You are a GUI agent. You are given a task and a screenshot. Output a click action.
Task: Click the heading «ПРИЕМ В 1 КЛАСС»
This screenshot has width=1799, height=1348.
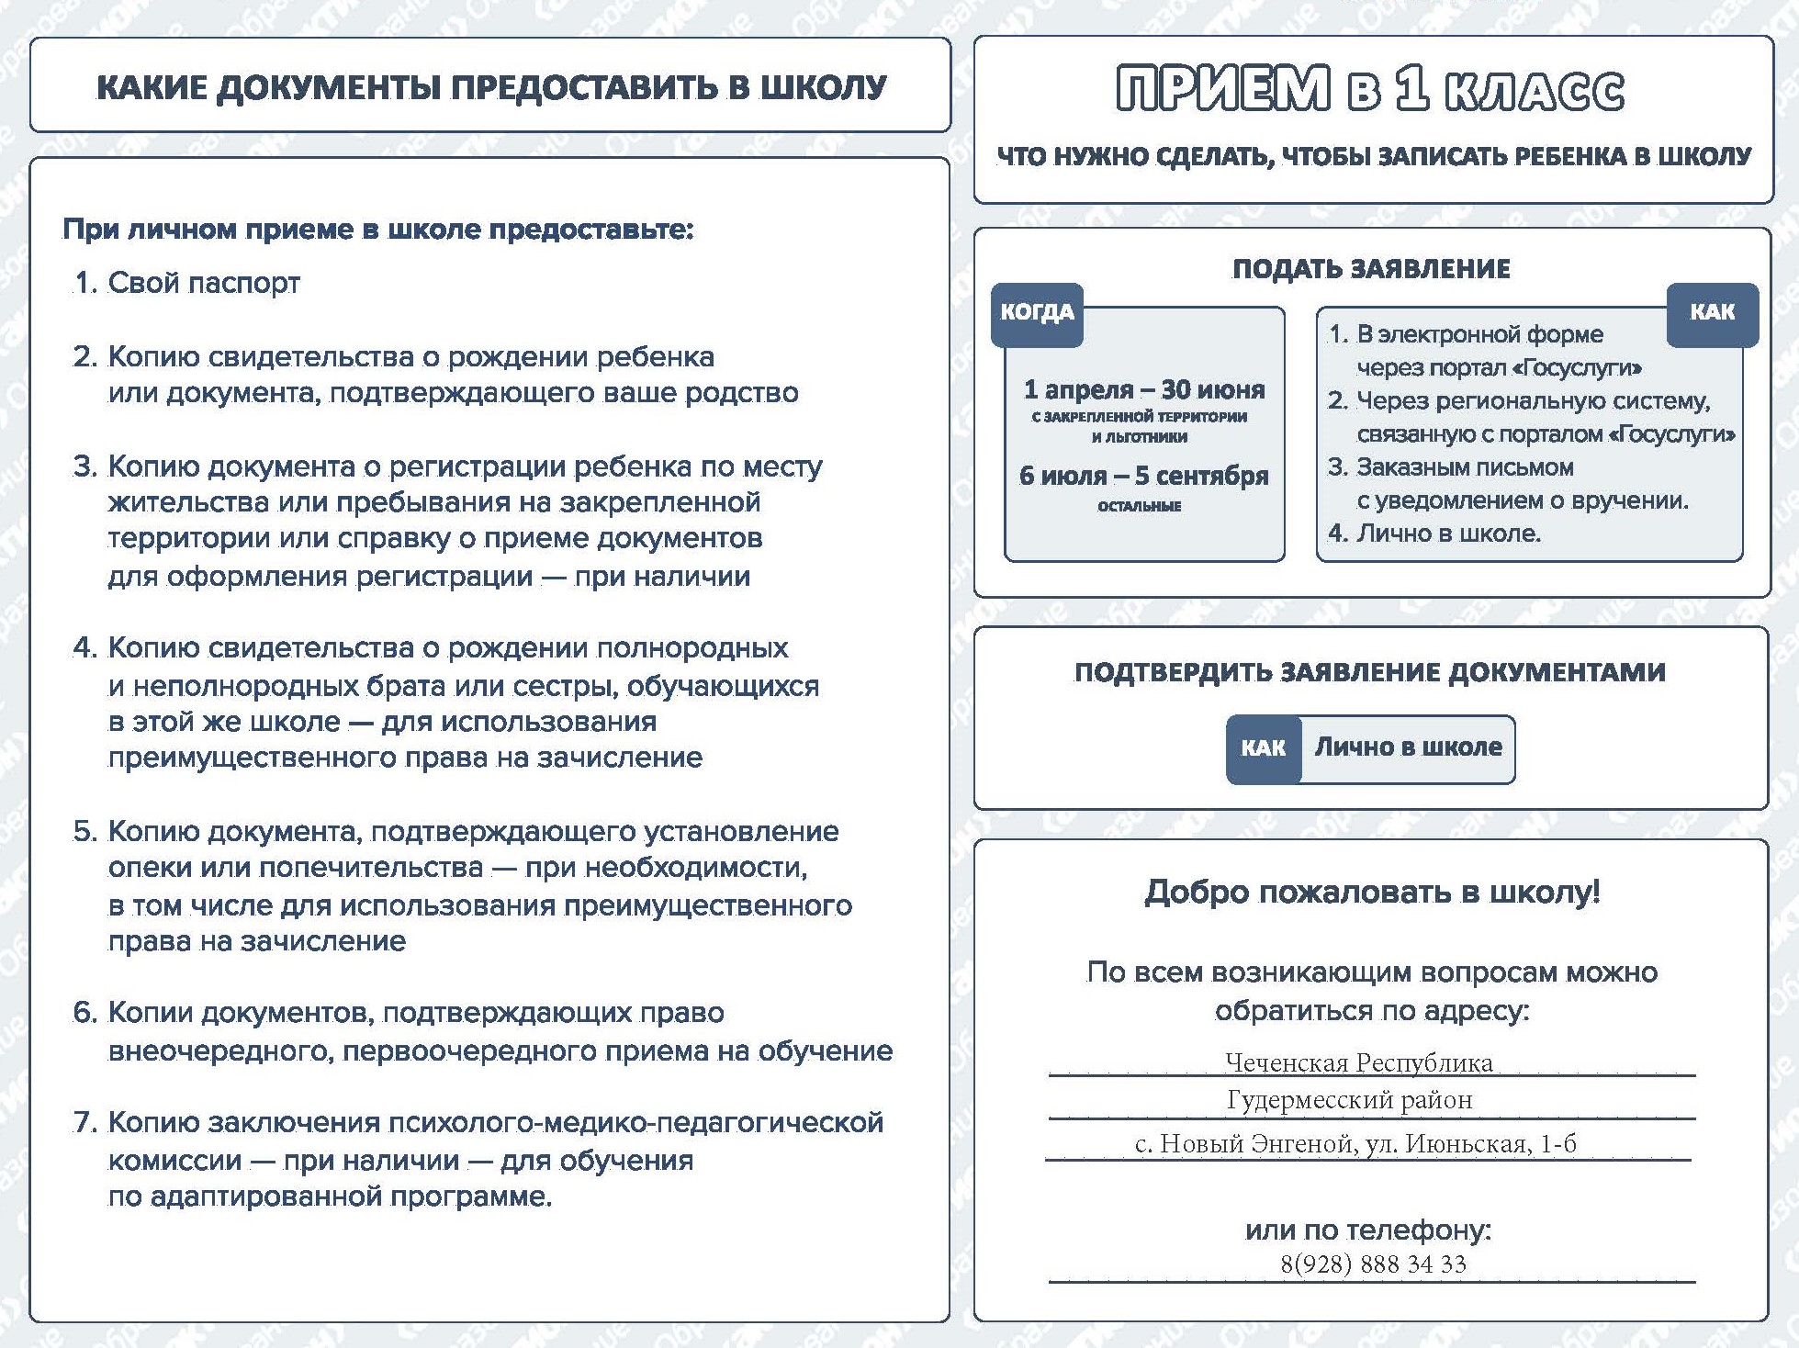point(1370,89)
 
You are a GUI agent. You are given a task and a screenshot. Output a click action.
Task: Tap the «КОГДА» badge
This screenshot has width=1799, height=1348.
point(1037,313)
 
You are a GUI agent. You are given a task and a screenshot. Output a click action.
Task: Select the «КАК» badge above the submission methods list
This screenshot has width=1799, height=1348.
point(1712,313)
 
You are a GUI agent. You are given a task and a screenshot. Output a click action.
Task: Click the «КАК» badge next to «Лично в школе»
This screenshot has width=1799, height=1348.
point(1263,748)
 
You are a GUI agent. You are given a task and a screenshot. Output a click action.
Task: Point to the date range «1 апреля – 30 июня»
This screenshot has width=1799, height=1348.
point(1144,390)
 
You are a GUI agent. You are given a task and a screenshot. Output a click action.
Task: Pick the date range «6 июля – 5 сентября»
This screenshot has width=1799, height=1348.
point(1143,476)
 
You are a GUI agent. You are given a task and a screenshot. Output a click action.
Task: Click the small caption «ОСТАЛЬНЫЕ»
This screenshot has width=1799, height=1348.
point(1139,506)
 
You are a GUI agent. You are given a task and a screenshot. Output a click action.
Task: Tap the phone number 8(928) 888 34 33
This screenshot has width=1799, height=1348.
point(1373,1264)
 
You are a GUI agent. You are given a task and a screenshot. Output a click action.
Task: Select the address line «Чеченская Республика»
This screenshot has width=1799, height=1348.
point(1358,1062)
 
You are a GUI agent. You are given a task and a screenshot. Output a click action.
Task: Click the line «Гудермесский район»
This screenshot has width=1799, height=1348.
point(1349,1100)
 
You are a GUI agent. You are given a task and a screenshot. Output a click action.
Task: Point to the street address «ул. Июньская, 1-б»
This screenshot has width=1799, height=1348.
point(1469,1144)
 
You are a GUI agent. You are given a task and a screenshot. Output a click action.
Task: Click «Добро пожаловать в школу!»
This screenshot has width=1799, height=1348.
point(1372,892)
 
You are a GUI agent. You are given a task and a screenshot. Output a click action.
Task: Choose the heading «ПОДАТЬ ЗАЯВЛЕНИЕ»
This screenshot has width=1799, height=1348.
point(1371,269)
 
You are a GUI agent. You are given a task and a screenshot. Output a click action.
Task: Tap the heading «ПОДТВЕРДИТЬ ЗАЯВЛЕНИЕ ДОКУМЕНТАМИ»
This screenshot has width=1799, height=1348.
point(1369,672)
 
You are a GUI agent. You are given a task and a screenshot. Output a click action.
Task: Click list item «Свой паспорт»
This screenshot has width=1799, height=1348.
point(204,283)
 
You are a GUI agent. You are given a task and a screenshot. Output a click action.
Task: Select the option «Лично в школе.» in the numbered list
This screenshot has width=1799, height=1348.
point(1448,534)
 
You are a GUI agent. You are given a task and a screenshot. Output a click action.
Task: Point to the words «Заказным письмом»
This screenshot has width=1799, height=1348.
point(1465,467)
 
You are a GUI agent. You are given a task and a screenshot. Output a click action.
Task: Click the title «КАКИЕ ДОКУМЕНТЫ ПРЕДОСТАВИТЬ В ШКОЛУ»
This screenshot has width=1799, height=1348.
point(491,87)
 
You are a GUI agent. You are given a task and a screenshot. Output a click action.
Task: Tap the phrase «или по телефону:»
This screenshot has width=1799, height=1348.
point(1368,1230)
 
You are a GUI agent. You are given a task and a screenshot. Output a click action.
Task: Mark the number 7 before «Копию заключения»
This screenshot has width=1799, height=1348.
point(84,1123)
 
